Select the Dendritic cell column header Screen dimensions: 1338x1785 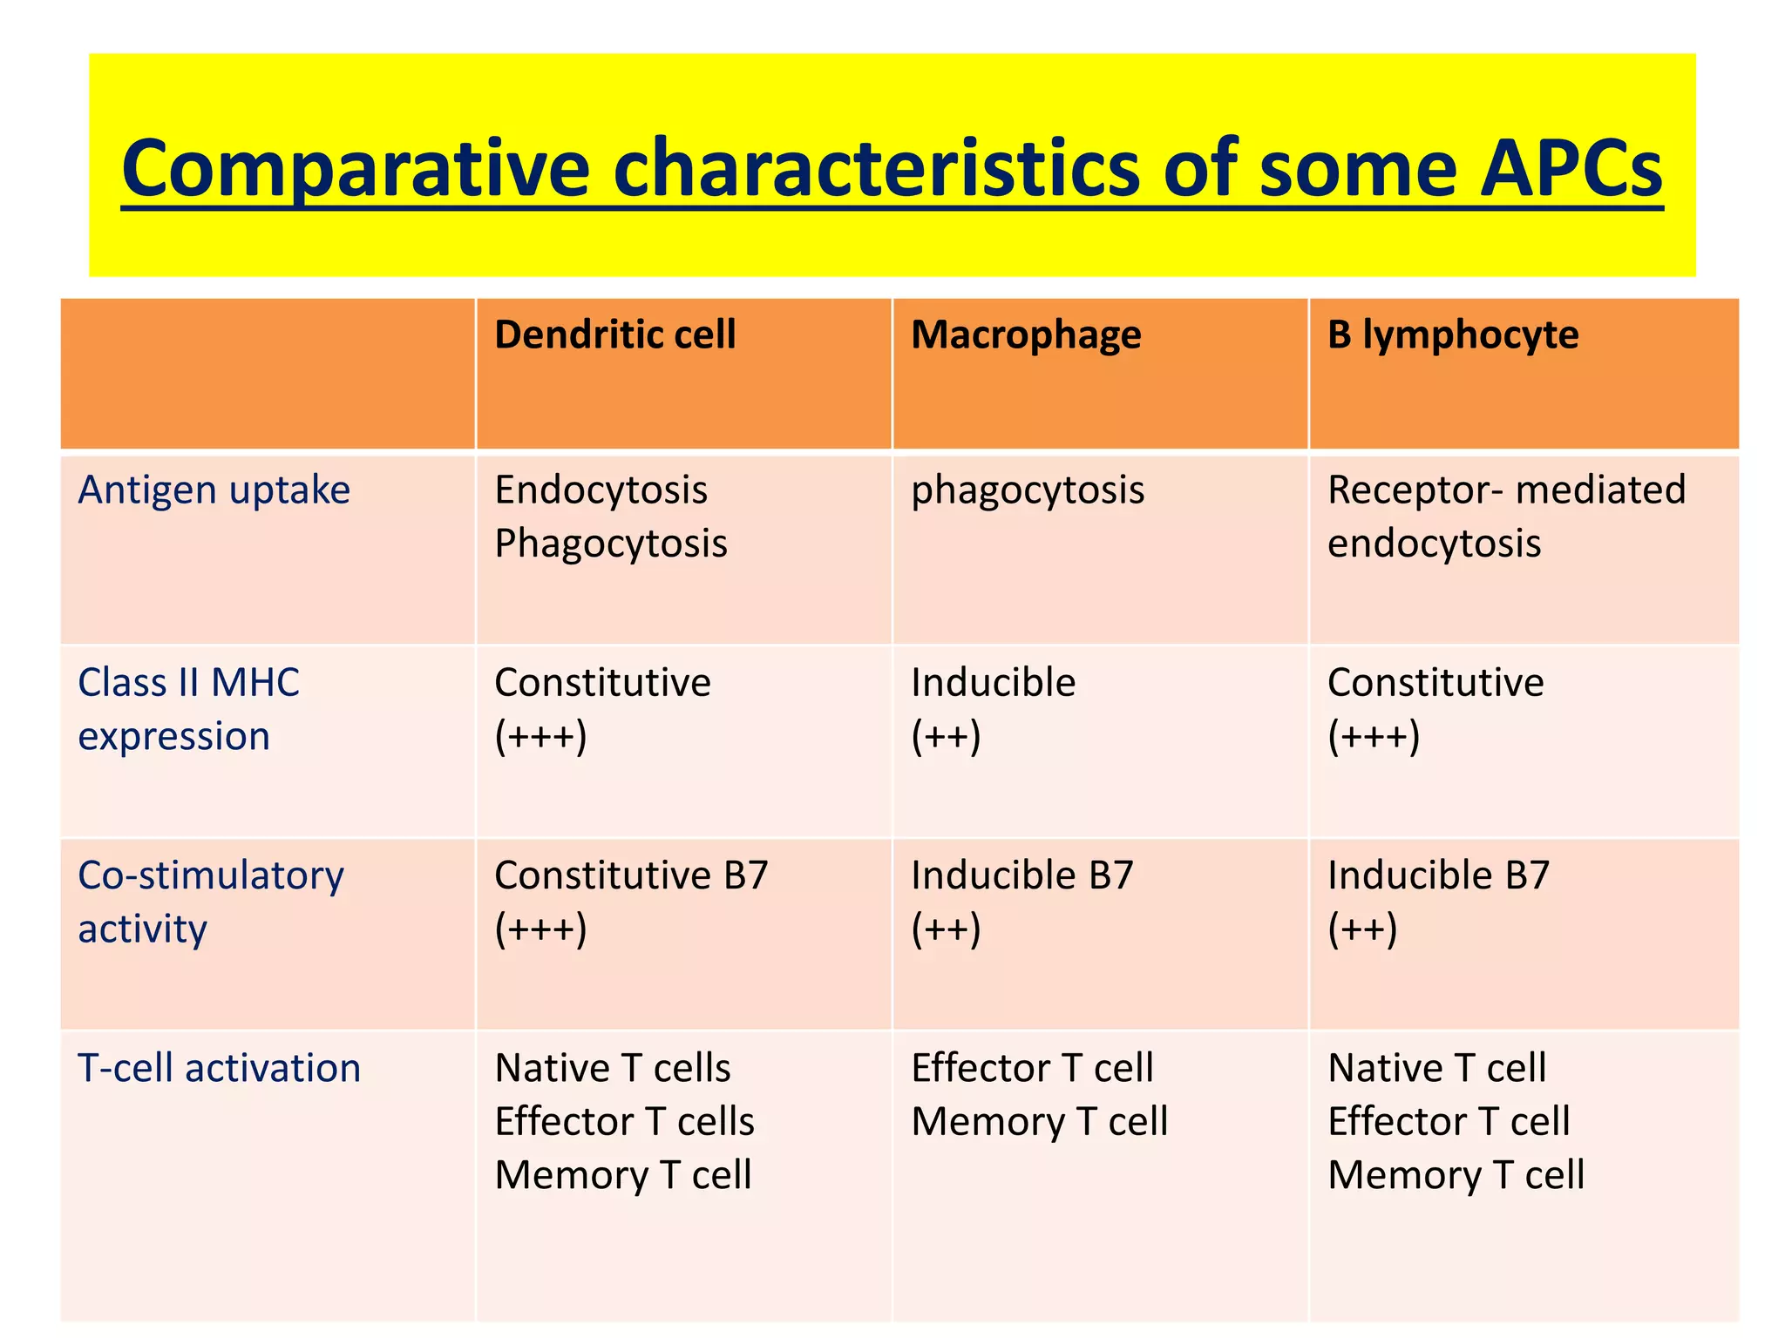point(614,335)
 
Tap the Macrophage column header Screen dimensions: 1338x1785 point(1026,335)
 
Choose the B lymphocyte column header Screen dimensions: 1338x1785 point(1452,335)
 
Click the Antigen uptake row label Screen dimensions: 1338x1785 point(214,490)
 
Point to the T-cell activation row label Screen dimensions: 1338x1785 point(219,1068)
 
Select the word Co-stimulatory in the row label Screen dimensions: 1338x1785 point(211,875)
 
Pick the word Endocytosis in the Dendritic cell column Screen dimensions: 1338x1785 point(601,490)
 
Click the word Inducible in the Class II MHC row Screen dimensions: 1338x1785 point(993,683)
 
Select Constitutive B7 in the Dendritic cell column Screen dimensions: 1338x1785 point(631,875)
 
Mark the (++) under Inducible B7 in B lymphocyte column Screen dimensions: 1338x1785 point(1362,929)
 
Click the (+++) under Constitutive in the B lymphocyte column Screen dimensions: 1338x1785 point(1374,737)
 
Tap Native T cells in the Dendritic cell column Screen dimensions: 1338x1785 point(613,1068)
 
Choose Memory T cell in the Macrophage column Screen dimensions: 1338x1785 point(1039,1122)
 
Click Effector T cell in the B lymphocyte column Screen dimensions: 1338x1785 point(1449,1122)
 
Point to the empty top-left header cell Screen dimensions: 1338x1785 point(268,374)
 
